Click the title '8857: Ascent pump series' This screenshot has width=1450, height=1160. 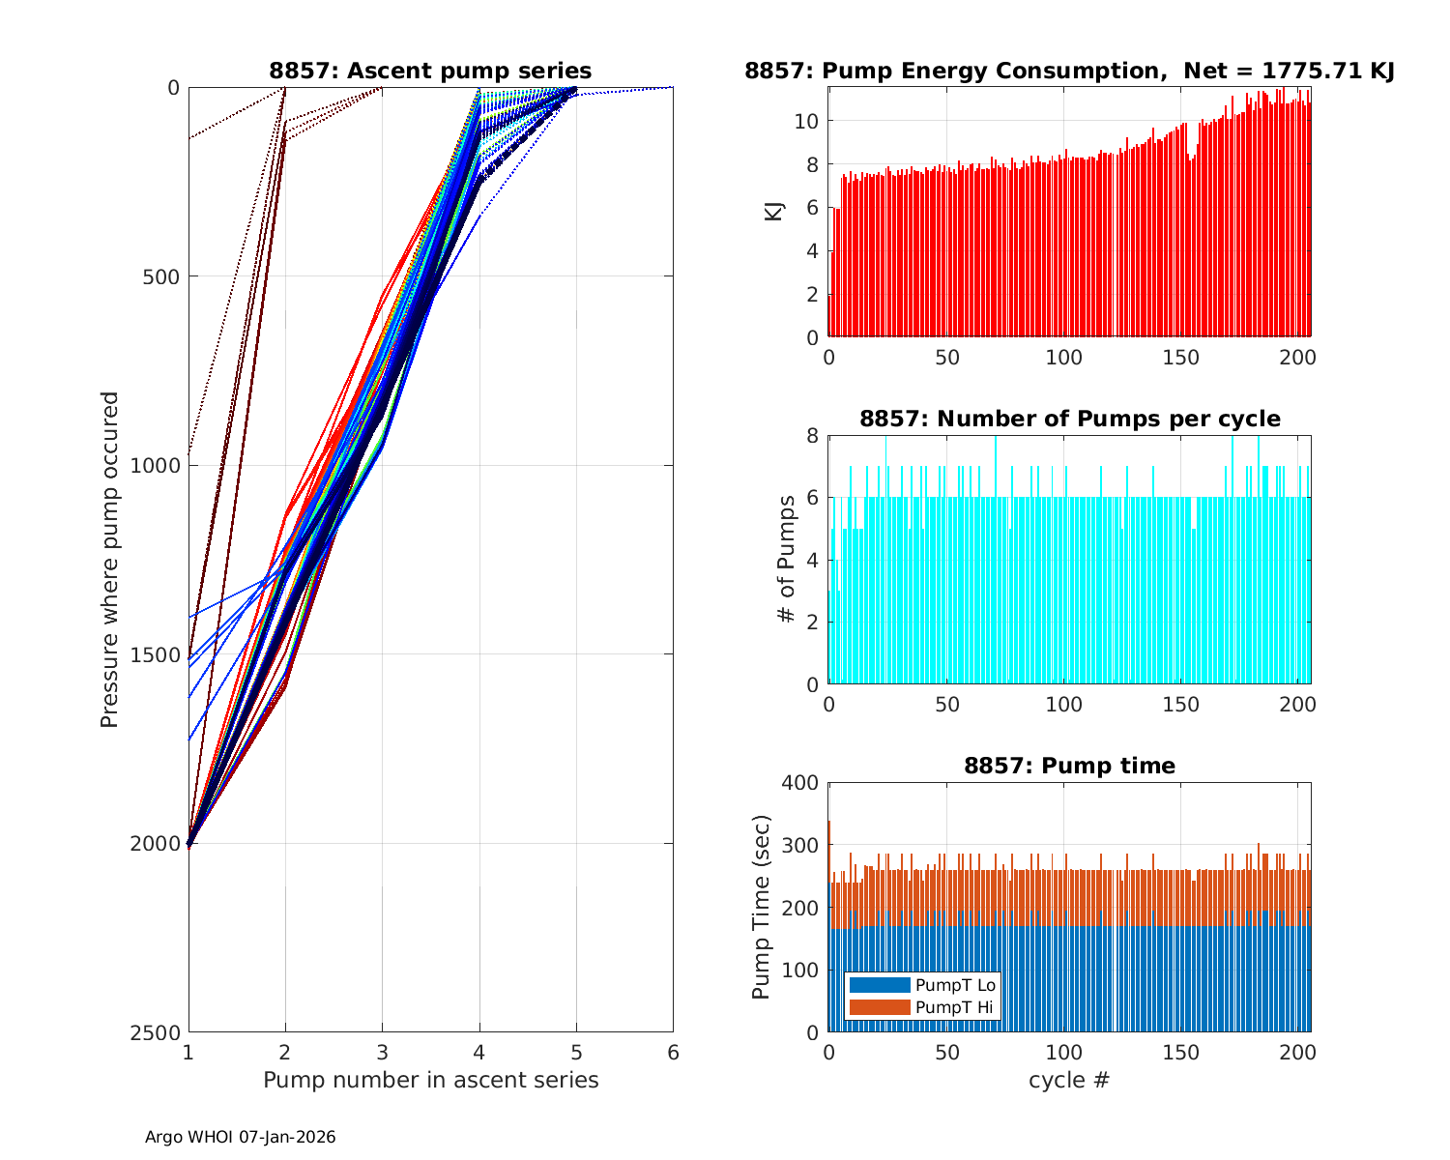pyautogui.click(x=430, y=71)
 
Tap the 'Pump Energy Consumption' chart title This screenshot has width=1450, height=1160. pyautogui.click(x=1069, y=71)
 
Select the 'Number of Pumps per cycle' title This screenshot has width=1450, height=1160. pyautogui.click(x=1069, y=419)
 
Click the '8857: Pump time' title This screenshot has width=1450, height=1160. pyautogui.click(x=1069, y=766)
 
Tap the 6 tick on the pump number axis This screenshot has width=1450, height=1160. pyautogui.click(x=673, y=1052)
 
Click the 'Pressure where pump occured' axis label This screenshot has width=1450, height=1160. pyautogui.click(x=110, y=559)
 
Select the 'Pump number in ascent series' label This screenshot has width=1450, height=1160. pyautogui.click(x=430, y=1080)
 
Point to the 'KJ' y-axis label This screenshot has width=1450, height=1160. pyautogui.click(x=774, y=211)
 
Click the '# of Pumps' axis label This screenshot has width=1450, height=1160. pyautogui.click(x=788, y=559)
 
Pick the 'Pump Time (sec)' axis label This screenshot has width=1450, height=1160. pyautogui.click(x=762, y=907)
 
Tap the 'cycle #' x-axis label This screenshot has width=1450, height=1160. pyautogui.click(x=1069, y=1080)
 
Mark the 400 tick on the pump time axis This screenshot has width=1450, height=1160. pyautogui.click(x=800, y=783)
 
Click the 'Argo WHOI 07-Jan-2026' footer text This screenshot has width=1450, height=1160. pyautogui.click(x=240, y=1138)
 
